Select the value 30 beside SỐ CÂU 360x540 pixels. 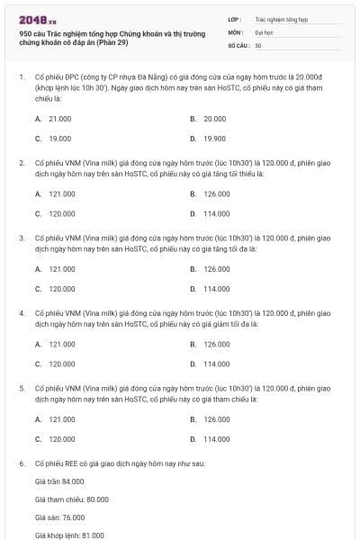[258, 44]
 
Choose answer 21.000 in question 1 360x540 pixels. [60, 119]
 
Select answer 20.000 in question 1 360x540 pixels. [215, 119]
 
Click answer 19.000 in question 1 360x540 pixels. [60, 139]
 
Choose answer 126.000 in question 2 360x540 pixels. [216, 193]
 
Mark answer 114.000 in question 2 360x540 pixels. [216, 213]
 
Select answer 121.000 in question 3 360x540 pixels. [61, 269]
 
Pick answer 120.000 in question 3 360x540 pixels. [61, 289]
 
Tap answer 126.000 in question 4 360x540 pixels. [216, 344]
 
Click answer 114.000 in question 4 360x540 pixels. [216, 364]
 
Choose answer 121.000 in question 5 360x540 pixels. [61, 419]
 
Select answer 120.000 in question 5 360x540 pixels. [61, 439]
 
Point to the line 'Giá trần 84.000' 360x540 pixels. [59, 481]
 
